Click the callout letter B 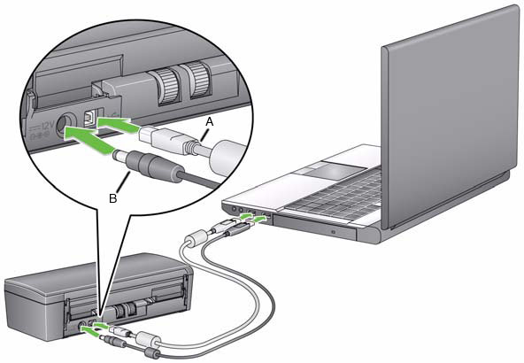[x=112, y=198]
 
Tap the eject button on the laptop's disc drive [x=333, y=231]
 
